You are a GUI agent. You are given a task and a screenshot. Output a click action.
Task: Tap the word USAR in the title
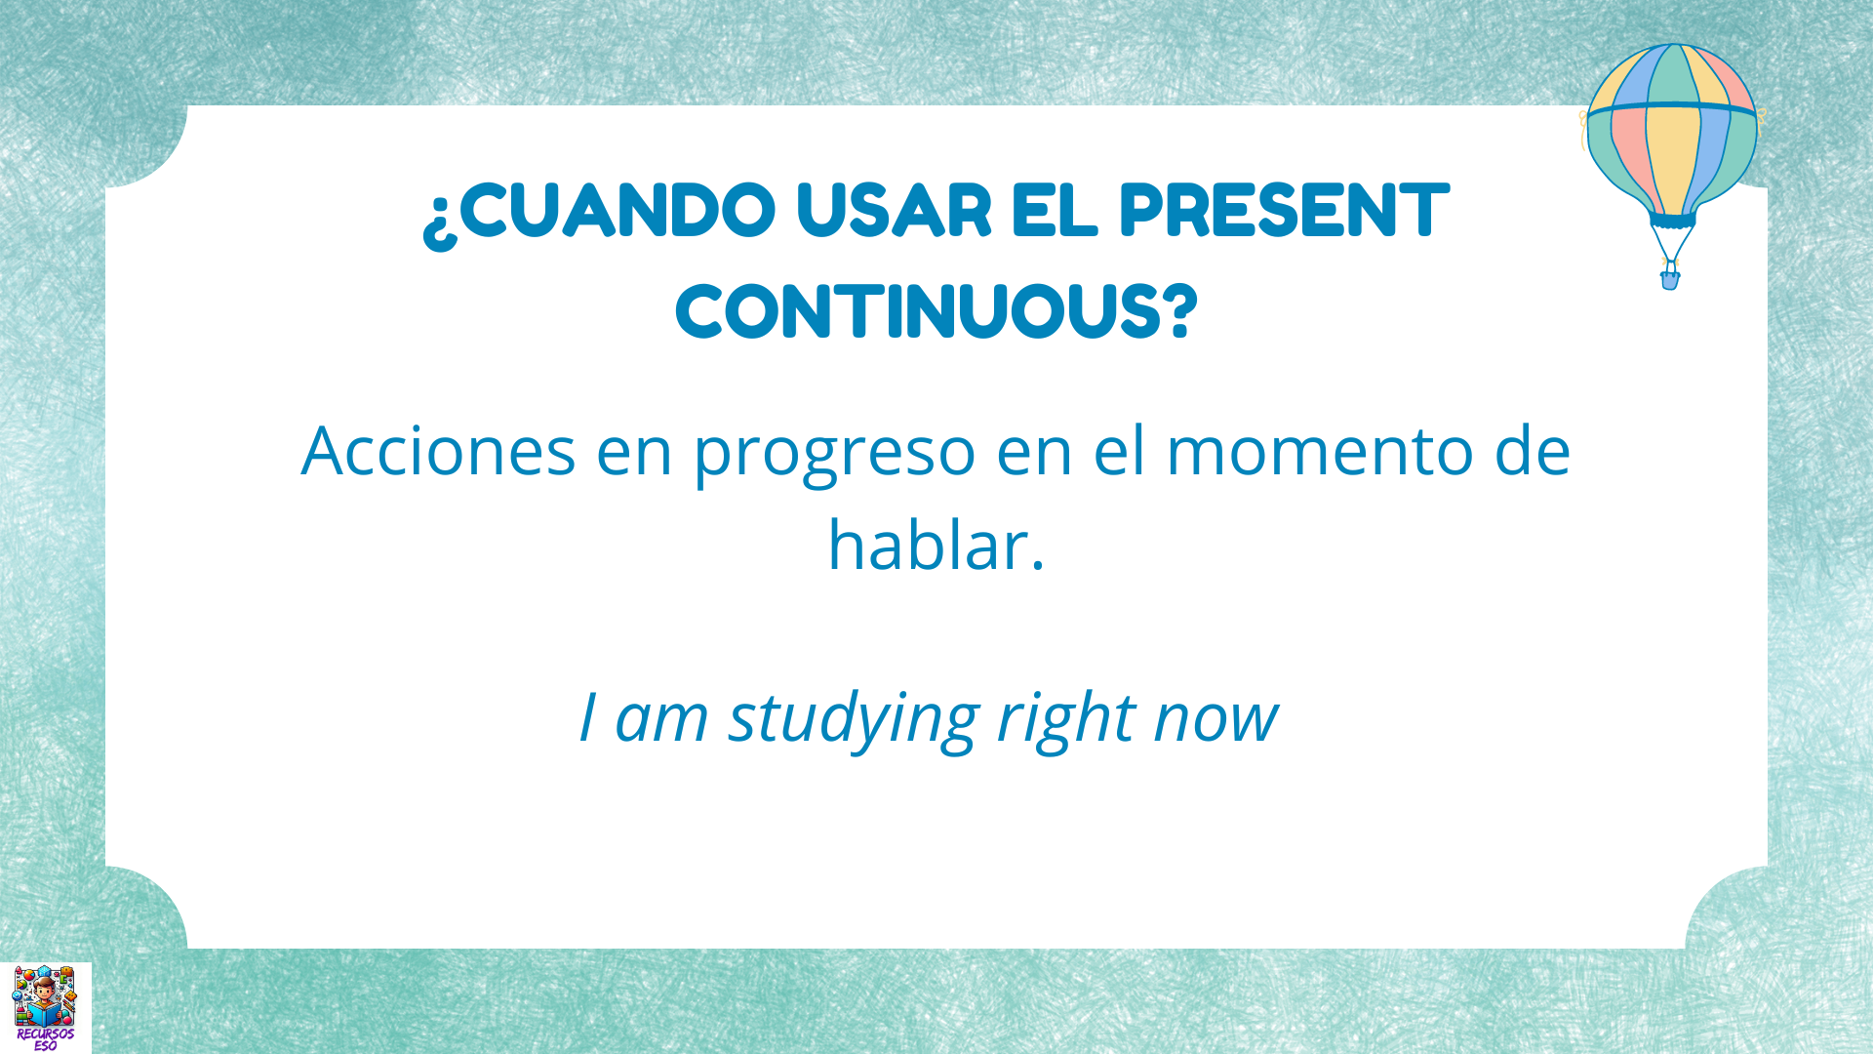[x=894, y=210]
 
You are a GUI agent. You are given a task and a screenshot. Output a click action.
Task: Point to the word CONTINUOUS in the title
[x=922, y=312]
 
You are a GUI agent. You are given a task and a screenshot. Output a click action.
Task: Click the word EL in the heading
[x=1055, y=210]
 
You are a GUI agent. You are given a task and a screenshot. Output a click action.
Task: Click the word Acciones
[x=438, y=452]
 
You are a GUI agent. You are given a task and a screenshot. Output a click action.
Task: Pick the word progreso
[x=834, y=454]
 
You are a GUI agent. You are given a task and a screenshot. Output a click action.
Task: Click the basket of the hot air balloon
[x=1670, y=280]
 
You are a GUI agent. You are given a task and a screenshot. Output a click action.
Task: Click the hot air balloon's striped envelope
[x=1672, y=127]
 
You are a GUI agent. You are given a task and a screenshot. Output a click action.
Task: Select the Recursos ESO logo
[x=45, y=1007]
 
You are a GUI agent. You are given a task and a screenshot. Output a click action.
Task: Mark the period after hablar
[x=1037, y=566]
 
